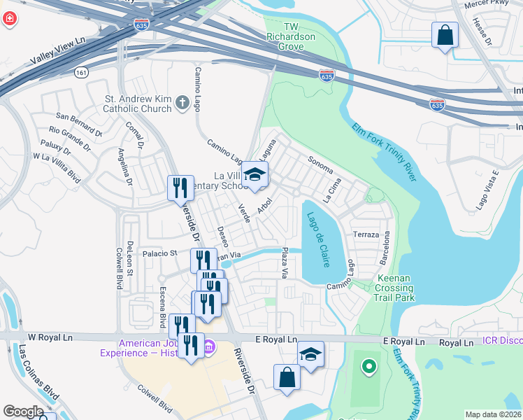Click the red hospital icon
tap(9, 18)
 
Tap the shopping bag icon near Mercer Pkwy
tap(445, 34)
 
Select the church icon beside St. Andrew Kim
tap(182, 104)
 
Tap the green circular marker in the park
tap(369, 365)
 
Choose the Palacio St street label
tap(162, 253)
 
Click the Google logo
tap(24, 412)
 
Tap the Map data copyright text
tap(494, 414)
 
